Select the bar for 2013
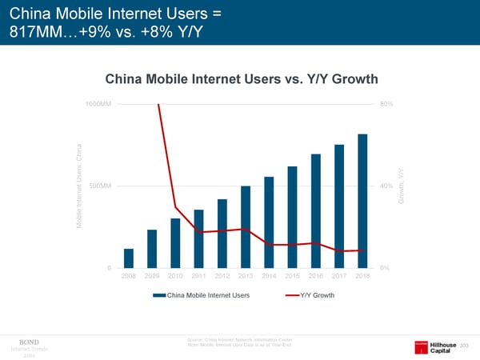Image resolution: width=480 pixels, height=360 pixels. pos(246,227)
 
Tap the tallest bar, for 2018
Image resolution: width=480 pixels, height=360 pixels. pos(362,201)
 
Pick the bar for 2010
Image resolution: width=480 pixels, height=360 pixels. pos(175,243)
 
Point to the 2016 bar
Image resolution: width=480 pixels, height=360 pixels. pos(316,211)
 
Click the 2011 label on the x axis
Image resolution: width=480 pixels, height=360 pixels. pos(198,277)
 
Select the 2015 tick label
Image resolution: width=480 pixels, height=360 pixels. pos(293,277)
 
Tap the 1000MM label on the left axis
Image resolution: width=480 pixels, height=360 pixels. pos(99,104)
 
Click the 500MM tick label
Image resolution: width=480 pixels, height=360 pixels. pos(102,186)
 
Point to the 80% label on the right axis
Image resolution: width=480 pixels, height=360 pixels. pos(386,104)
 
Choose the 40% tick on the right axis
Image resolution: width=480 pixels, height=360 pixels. pos(386,186)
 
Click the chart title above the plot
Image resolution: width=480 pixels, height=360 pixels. pos(241,79)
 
